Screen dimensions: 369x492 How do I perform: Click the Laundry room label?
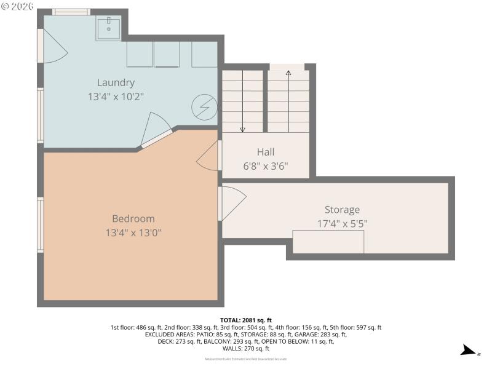pyautogui.click(x=116, y=82)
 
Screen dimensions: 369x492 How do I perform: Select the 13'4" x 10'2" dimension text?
pyautogui.click(x=116, y=97)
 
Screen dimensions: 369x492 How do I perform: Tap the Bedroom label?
pyautogui.click(x=133, y=218)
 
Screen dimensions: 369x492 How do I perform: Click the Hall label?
pyautogui.click(x=266, y=152)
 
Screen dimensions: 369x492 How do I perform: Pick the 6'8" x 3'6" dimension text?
pyautogui.click(x=266, y=166)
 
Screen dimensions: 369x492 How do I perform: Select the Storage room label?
pyautogui.click(x=342, y=210)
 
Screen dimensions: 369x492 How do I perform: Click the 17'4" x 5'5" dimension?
pyautogui.click(x=342, y=224)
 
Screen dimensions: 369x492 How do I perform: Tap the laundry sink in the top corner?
pyautogui.click(x=108, y=28)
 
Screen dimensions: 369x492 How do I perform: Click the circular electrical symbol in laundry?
pyautogui.click(x=204, y=108)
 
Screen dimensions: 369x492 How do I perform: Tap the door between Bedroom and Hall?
pyautogui.click(x=209, y=156)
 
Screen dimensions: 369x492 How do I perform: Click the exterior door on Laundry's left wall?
pyautogui.click(x=52, y=46)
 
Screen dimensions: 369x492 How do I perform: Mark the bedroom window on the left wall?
pyautogui.click(x=40, y=224)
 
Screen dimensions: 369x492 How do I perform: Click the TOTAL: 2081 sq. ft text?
pyautogui.click(x=245, y=320)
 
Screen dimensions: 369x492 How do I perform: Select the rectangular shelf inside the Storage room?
pyautogui.click(x=328, y=242)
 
